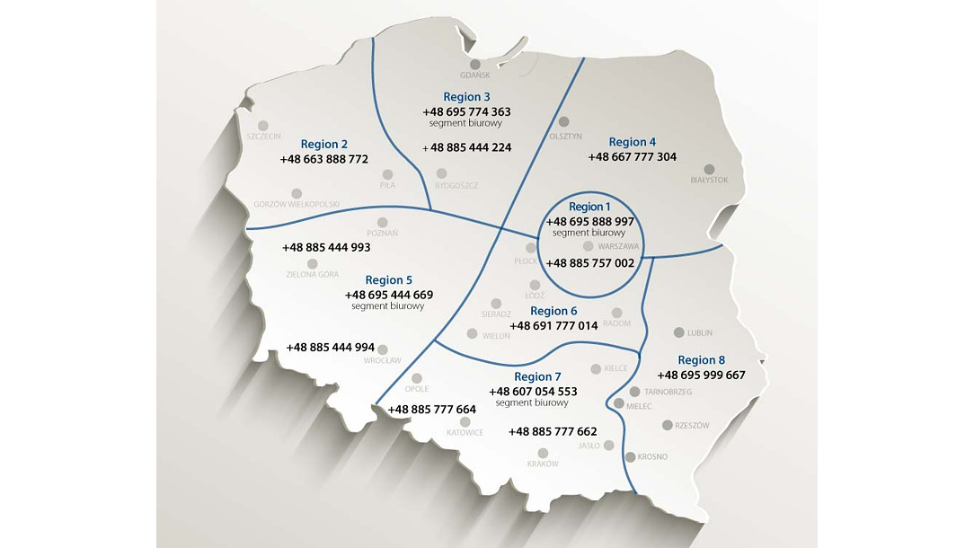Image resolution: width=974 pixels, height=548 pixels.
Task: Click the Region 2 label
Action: click(324, 144)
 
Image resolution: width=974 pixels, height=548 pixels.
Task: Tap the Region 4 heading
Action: click(633, 142)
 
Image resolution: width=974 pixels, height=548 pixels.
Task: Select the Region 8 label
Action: click(702, 360)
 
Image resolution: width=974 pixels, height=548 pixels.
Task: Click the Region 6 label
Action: click(553, 311)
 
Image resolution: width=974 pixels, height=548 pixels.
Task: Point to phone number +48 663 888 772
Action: click(324, 159)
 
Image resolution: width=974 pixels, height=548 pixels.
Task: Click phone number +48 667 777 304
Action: click(633, 157)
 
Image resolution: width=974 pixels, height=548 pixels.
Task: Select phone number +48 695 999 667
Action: click(702, 376)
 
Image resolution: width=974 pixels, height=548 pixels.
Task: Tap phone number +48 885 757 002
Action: click(590, 263)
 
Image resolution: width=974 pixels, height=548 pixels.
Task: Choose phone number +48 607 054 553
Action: click(533, 392)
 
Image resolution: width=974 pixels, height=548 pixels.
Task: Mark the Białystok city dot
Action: click(709, 169)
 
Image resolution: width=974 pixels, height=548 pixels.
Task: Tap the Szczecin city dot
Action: click(263, 126)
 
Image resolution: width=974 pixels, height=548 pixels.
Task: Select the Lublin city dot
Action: click(678, 331)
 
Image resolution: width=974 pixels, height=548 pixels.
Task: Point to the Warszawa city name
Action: click(618, 246)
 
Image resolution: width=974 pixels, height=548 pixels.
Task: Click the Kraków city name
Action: click(543, 464)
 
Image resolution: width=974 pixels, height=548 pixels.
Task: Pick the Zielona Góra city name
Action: click(312, 275)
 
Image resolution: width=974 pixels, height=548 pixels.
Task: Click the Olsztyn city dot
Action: click(564, 122)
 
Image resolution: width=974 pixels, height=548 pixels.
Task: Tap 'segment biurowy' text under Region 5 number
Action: click(388, 306)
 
